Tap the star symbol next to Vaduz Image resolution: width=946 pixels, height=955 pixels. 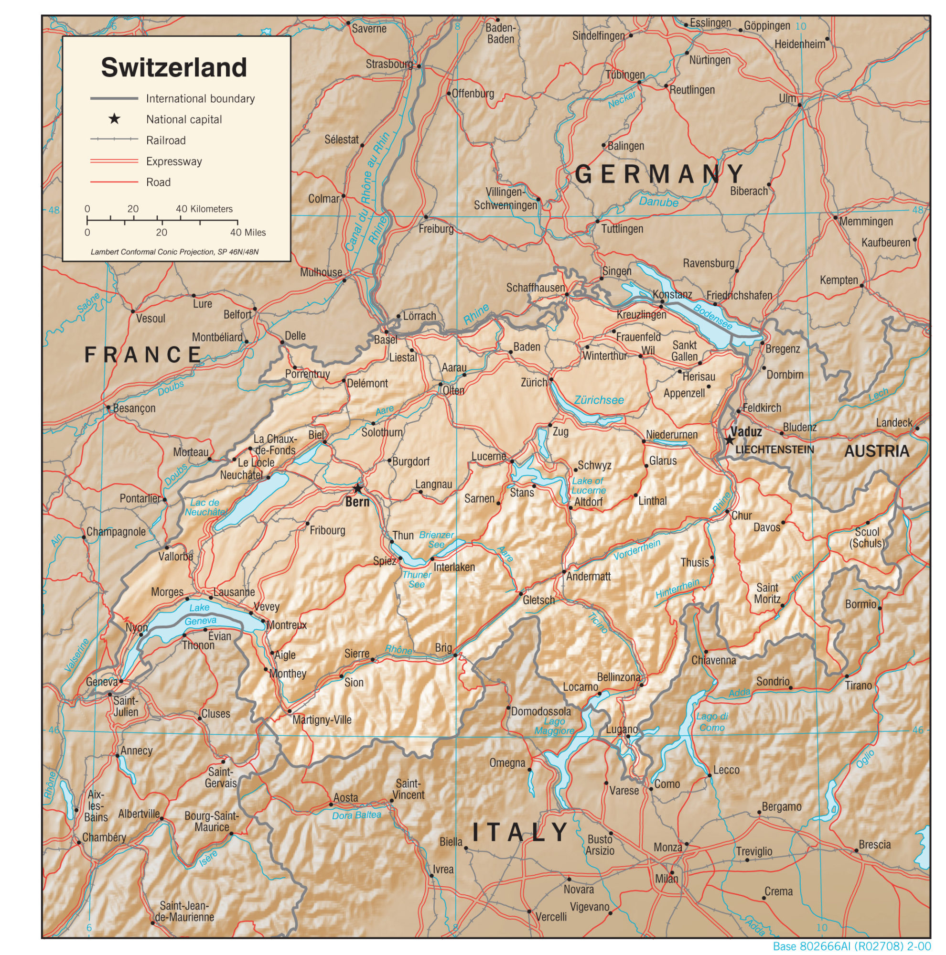click(x=730, y=440)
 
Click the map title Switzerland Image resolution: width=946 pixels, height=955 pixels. click(x=174, y=67)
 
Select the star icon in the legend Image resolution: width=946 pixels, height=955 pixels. click(x=114, y=118)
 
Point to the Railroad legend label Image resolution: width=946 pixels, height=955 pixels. click(x=166, y=140)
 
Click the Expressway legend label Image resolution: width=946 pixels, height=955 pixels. click(x=174, y=161)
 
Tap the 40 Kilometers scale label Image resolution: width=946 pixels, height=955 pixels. click(x=204, y=209)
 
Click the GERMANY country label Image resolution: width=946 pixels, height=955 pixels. click(x=659, y=174)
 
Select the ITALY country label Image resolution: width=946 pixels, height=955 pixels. click(x=520, y=832)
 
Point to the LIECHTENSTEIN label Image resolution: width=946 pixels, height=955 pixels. click(x=774, y=450)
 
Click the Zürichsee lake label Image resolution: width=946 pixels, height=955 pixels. click(x=599, y=400)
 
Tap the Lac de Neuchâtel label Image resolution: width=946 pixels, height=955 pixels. click(x=204, y=507)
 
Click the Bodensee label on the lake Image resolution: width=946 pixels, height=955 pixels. click(x=712, y=317)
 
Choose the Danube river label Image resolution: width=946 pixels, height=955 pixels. click(x=658, y=202)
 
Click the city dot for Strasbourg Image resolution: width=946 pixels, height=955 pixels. click(x=419, y=66)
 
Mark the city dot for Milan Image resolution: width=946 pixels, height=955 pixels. click(x=672, y=872)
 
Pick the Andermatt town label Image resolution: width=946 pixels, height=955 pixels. click(x=588, y=576)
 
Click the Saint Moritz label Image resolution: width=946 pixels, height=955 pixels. click(x=767, y=593)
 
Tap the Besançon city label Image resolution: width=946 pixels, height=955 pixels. click(x=134, y=408)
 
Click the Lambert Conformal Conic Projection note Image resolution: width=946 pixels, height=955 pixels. click(x=174, y=252)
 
